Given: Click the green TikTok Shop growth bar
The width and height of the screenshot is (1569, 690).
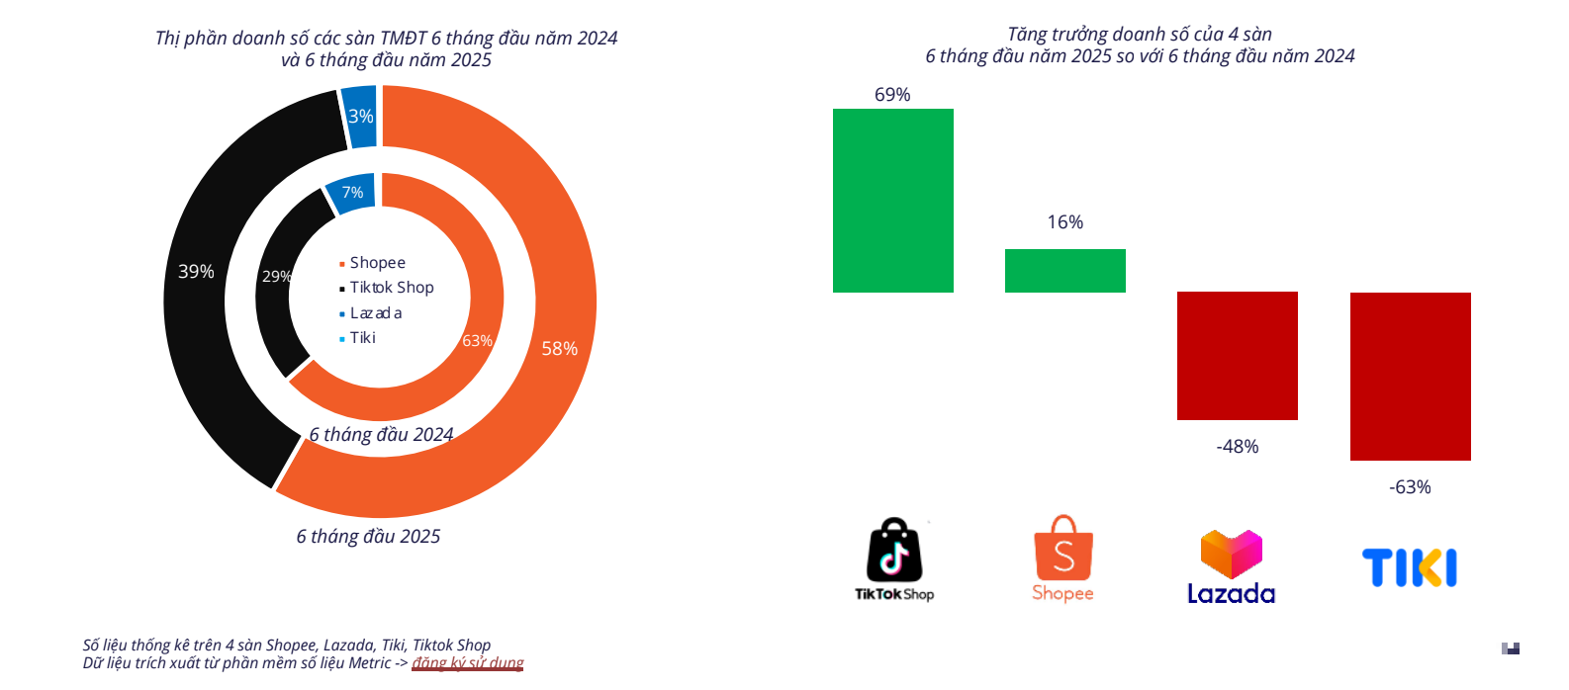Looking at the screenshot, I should tap(892, 200).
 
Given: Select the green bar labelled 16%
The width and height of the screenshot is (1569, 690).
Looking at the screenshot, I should tap(1064, 270).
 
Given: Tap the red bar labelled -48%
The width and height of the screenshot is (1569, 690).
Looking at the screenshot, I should tap(1237, 355).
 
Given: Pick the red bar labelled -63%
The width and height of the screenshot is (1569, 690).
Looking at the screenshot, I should tap(1410, 376).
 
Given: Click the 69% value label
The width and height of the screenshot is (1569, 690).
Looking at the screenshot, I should tap(892, 95).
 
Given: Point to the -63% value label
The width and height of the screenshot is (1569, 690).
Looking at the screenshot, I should tap(1410, 487).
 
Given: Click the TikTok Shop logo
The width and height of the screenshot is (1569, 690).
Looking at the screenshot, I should tap(894, 560).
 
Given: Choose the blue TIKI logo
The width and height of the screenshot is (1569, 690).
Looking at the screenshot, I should tap(1409, 568).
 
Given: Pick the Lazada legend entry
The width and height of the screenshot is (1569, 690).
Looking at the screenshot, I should tap(375, 313).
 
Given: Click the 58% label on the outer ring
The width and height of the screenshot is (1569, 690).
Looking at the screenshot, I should tap(559, 349).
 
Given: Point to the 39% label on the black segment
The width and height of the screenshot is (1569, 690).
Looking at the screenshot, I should tap(196, 272).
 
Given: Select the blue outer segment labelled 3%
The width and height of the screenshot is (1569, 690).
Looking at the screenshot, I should tap(360, 117).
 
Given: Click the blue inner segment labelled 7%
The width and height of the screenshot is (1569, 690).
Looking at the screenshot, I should tap(352, 193).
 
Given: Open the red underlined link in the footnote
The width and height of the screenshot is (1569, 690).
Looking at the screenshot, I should tap(468, 663).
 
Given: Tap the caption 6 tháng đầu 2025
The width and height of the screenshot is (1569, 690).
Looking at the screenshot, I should tap(368, 537).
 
